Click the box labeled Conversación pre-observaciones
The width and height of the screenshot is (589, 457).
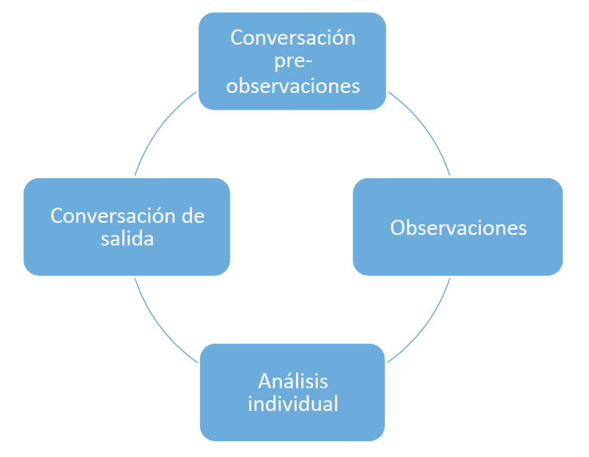292,61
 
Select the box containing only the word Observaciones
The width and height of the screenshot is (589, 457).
458,227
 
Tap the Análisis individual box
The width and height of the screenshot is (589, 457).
292,392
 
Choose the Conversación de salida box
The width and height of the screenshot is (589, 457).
127,227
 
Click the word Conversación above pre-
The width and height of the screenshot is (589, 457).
293,38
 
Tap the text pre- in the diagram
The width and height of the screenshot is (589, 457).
293,62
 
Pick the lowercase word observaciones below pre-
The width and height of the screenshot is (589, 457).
293,85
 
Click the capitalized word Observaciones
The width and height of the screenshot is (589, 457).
458,228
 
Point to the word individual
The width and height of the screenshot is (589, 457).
293,404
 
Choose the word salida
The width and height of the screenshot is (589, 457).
128,239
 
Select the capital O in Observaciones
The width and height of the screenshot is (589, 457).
397,228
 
